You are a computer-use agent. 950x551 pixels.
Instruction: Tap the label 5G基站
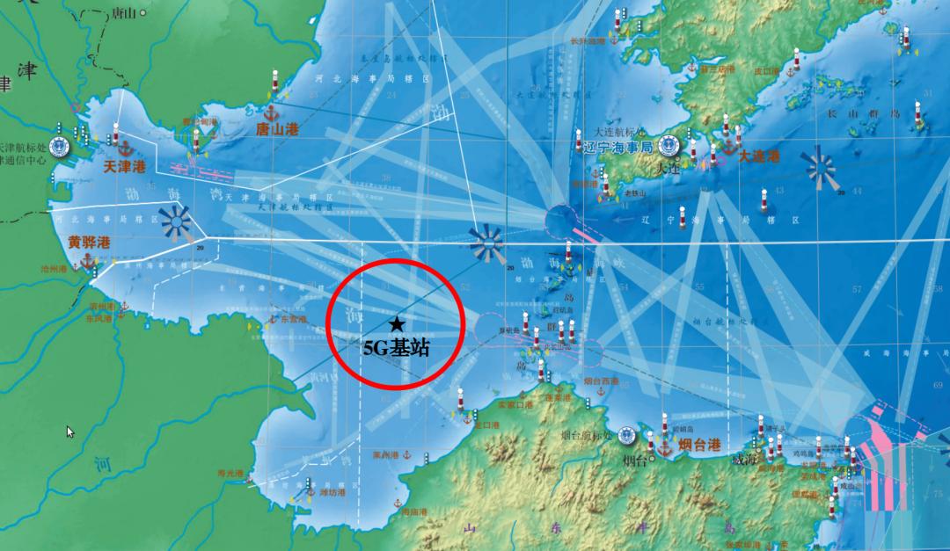coord(397,347)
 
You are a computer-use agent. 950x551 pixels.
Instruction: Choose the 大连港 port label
coord(758,156)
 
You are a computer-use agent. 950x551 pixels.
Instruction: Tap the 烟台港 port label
coord(700,445)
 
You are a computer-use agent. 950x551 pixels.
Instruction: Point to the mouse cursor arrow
coord(70,431)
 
